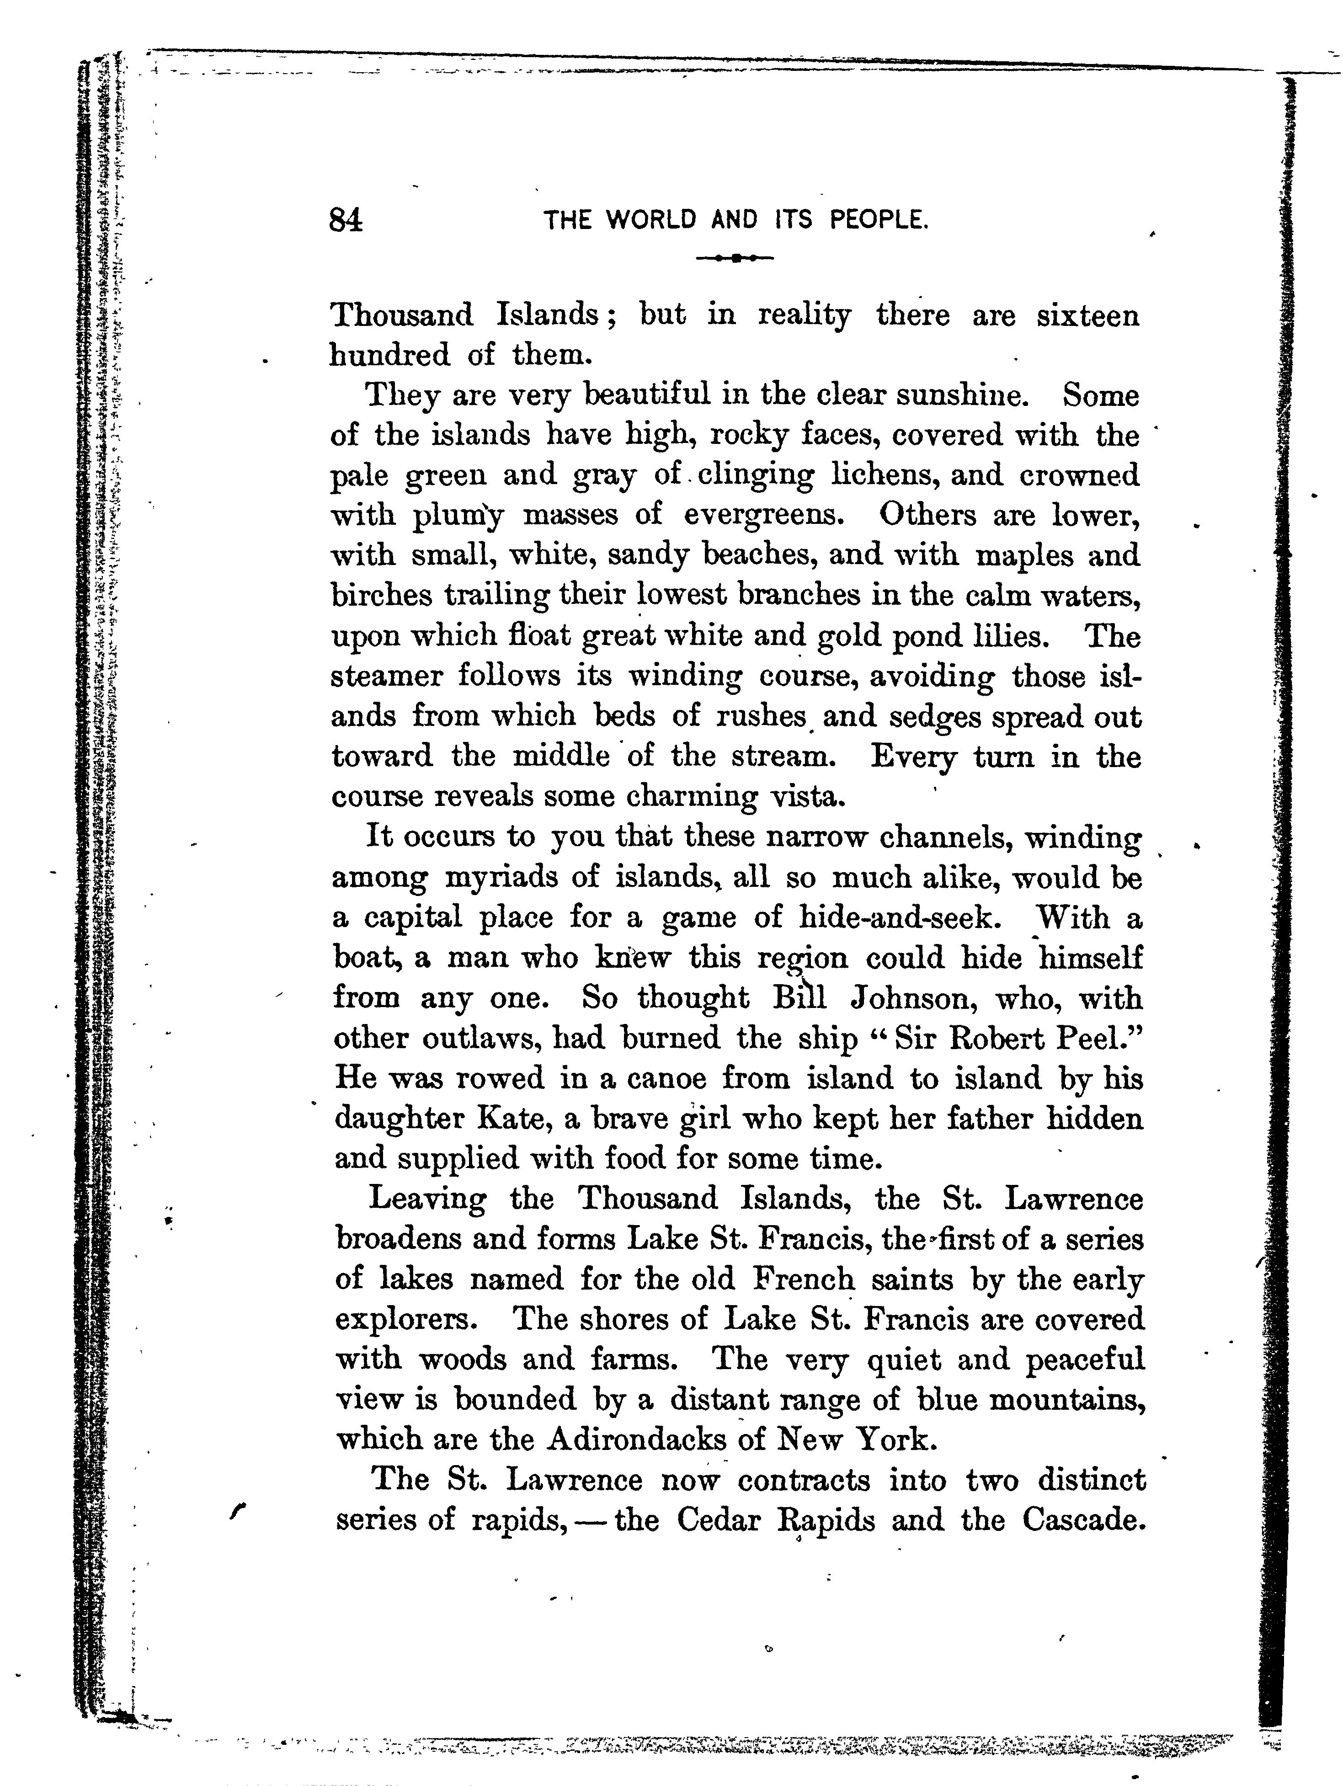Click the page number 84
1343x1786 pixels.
click(346, 219)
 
